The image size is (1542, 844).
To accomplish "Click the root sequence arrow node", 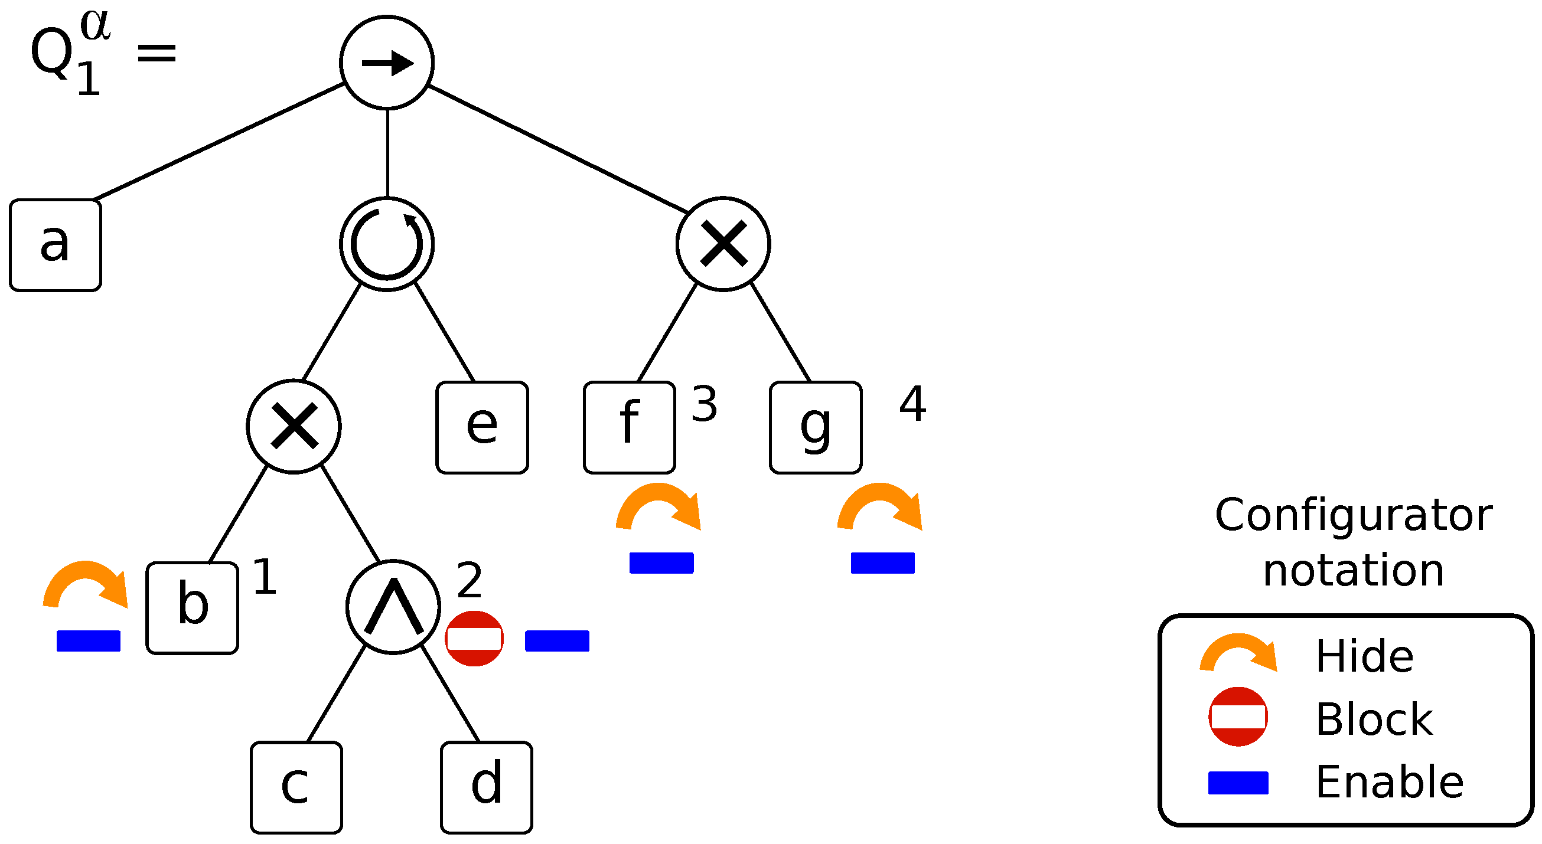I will point(387,63).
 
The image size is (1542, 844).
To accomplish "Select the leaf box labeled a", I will point(56,246).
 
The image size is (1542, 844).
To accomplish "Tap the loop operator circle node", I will point(387,244).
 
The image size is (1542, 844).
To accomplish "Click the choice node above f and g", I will point(723,244).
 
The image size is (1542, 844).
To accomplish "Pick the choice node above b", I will point(294,427).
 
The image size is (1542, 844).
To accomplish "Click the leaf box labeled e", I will point(482,427).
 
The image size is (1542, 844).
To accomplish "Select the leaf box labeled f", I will point(630,427).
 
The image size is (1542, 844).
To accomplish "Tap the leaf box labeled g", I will point(816,427).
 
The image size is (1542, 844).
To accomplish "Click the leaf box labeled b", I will point(192,608).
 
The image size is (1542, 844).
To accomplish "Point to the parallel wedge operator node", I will point(393,607).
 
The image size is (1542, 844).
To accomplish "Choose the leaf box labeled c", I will point(296,787).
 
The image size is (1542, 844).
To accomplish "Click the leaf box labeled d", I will point(486,787).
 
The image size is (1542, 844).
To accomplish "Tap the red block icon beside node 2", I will point(474,638).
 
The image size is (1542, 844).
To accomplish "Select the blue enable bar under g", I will point(882,563).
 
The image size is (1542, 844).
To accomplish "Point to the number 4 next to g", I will point(912,404).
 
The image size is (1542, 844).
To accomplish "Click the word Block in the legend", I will point(1374,719).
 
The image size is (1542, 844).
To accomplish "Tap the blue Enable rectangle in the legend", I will point(1238,783).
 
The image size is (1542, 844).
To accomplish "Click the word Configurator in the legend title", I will point(1353,515).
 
